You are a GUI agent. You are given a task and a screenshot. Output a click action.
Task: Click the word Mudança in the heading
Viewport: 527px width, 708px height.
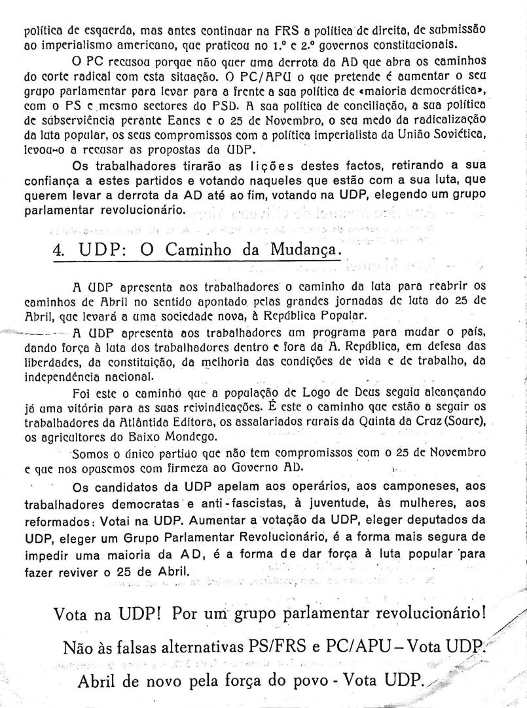pos(304,250)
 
